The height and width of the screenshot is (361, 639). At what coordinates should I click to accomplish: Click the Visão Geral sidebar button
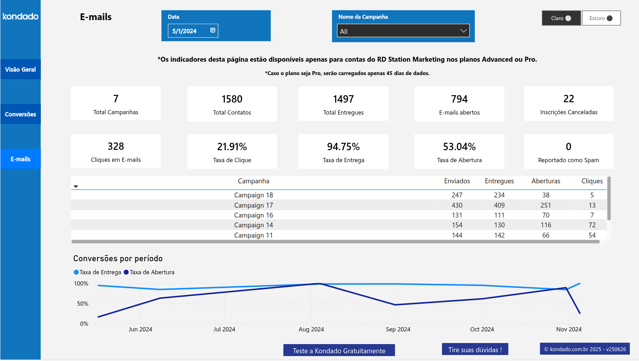[x=20, y=69]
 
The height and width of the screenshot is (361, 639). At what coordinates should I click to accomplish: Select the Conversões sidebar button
[x=20, y=114]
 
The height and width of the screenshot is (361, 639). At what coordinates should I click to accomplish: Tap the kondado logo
[x=20, y=17]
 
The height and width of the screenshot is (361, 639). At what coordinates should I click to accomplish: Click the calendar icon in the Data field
[x=213, y=30]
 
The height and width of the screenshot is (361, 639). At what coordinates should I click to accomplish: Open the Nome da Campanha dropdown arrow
[x=463, y=31]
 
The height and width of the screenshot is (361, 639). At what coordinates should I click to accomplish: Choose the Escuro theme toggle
[x=601, y=18]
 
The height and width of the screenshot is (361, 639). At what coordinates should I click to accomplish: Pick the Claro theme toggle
[x=561, y=18]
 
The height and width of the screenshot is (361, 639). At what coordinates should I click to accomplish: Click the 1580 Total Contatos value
[x=232, y=99]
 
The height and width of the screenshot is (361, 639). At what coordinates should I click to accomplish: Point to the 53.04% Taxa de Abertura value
[x=459, y=147]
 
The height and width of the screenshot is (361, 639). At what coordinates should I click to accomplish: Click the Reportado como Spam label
[x=568, y=160]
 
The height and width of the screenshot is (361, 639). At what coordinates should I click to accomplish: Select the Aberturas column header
[x=546, y=181]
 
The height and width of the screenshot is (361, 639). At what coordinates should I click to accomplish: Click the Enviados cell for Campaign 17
[x=457, y=205]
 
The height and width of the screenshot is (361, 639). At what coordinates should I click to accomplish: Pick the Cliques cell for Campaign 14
[x=592, y=225]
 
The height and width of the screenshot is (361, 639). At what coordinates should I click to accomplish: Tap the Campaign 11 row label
[x=253, y=235]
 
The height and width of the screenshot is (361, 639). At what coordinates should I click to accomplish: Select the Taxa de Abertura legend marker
[x=126, y=272]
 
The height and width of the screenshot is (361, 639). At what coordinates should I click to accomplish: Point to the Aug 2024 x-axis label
[x=311, y=329]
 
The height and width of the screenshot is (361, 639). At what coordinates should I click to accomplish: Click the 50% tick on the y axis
[x=83, y=304]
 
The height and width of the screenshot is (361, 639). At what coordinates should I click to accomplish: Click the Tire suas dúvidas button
[x=475, y=350]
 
